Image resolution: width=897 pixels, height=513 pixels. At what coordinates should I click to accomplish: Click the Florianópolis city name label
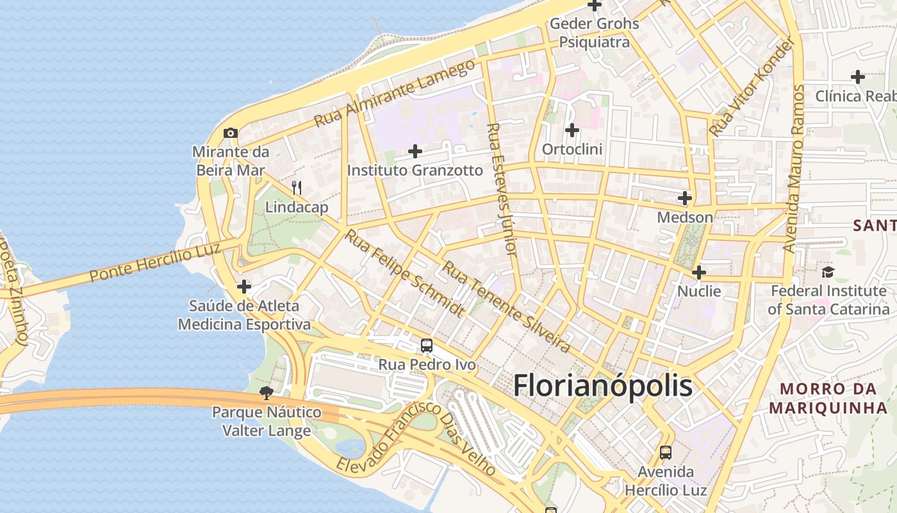click(603, 386)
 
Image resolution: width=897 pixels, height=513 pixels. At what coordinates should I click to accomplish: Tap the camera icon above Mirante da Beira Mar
click(231, 133)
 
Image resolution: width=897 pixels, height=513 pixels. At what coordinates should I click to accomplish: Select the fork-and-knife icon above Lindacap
click(297, 188)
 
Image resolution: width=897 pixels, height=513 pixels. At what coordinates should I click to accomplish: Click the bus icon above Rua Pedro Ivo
click(427, 346)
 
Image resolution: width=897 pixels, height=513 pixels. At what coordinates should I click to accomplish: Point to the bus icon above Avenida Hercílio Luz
click(666, 453)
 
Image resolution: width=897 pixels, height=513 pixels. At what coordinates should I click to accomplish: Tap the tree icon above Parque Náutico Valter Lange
click(267, 392)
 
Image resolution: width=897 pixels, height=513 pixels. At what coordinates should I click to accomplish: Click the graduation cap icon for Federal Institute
click(828, 272)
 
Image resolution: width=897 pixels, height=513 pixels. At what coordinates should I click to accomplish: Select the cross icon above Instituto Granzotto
click(415, 151)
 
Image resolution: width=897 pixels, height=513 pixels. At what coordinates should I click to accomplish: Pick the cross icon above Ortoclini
click(572, 130)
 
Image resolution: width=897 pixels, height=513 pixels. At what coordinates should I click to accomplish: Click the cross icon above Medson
click(685, 198)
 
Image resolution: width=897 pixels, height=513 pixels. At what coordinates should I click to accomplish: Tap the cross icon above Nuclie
click(699, 273)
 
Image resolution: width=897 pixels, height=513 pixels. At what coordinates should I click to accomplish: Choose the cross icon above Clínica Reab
click(858, 77)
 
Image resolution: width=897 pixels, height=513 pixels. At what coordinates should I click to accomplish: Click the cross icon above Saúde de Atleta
click(244, 287)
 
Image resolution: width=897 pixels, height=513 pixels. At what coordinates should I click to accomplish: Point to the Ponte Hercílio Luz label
click(155, 262)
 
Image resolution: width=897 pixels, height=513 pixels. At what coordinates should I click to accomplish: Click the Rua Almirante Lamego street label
click(395, 93)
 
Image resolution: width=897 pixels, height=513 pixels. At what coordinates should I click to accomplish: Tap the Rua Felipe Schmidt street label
click(404, 273)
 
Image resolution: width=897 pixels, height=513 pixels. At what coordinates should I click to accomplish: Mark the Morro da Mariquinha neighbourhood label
click(828, 398)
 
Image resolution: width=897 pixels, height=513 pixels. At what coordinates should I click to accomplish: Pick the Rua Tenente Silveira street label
click(506, 307)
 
